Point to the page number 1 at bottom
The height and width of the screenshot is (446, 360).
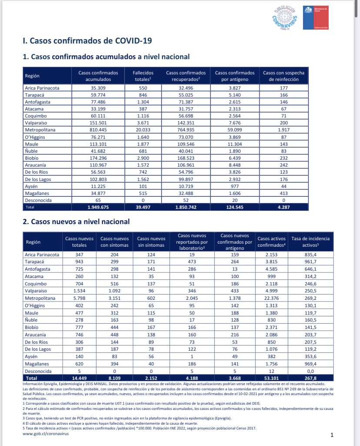point(332,435)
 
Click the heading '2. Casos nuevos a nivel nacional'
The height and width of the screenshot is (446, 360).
point(76,221)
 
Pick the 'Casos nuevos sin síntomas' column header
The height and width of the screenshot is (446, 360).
point(151,242)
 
